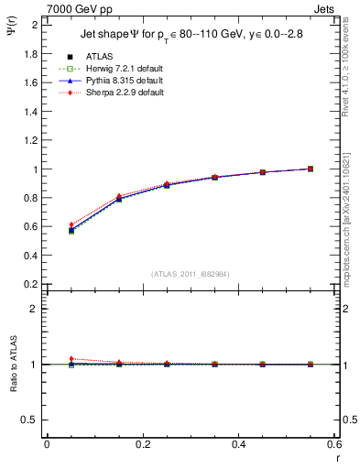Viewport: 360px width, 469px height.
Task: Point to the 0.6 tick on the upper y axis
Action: click(31, 227)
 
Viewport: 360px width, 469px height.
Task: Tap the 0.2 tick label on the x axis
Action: click(142, 444)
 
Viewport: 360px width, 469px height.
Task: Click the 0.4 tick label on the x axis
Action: click(238, 444)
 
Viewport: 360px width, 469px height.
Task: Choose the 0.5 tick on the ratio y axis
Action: click(31, 420)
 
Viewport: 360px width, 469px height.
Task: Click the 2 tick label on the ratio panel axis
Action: click(35, 309)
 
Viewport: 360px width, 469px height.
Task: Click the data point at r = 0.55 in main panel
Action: click(311, 169)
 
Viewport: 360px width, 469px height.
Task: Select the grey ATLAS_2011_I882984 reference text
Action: click(190, 274)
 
